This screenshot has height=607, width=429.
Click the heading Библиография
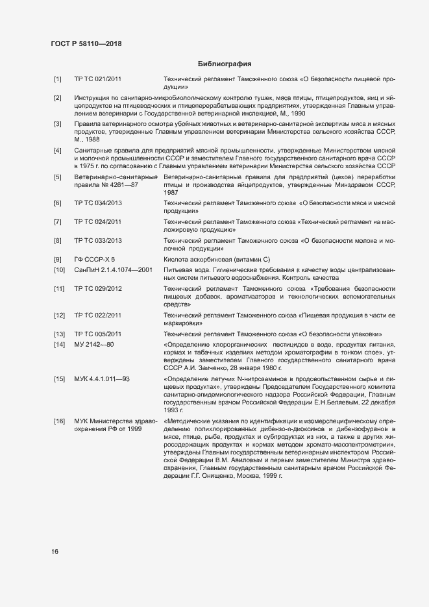coord(224,64)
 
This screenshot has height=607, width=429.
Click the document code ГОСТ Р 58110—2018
coord(86,44)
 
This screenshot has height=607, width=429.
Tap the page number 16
coord(55,552)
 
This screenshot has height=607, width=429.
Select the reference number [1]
coord(58,79)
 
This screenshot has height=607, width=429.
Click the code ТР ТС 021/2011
coord(98,79)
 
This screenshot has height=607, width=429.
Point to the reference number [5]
coord(58,177)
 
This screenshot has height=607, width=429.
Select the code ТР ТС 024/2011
coord(98,222)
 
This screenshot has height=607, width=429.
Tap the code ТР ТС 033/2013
coord(98,241)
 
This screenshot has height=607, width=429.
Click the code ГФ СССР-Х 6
coord(95,259)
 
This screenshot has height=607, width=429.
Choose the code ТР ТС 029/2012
coord(98,288)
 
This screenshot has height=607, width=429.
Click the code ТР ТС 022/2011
coord(98,316)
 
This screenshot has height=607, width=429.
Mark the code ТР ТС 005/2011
coord(98,334)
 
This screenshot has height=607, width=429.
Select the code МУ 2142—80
coord(94,344)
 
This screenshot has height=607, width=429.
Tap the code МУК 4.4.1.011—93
coord(103,378)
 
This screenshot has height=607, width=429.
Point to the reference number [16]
coord(59,422)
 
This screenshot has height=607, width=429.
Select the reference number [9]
coord(58,259)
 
